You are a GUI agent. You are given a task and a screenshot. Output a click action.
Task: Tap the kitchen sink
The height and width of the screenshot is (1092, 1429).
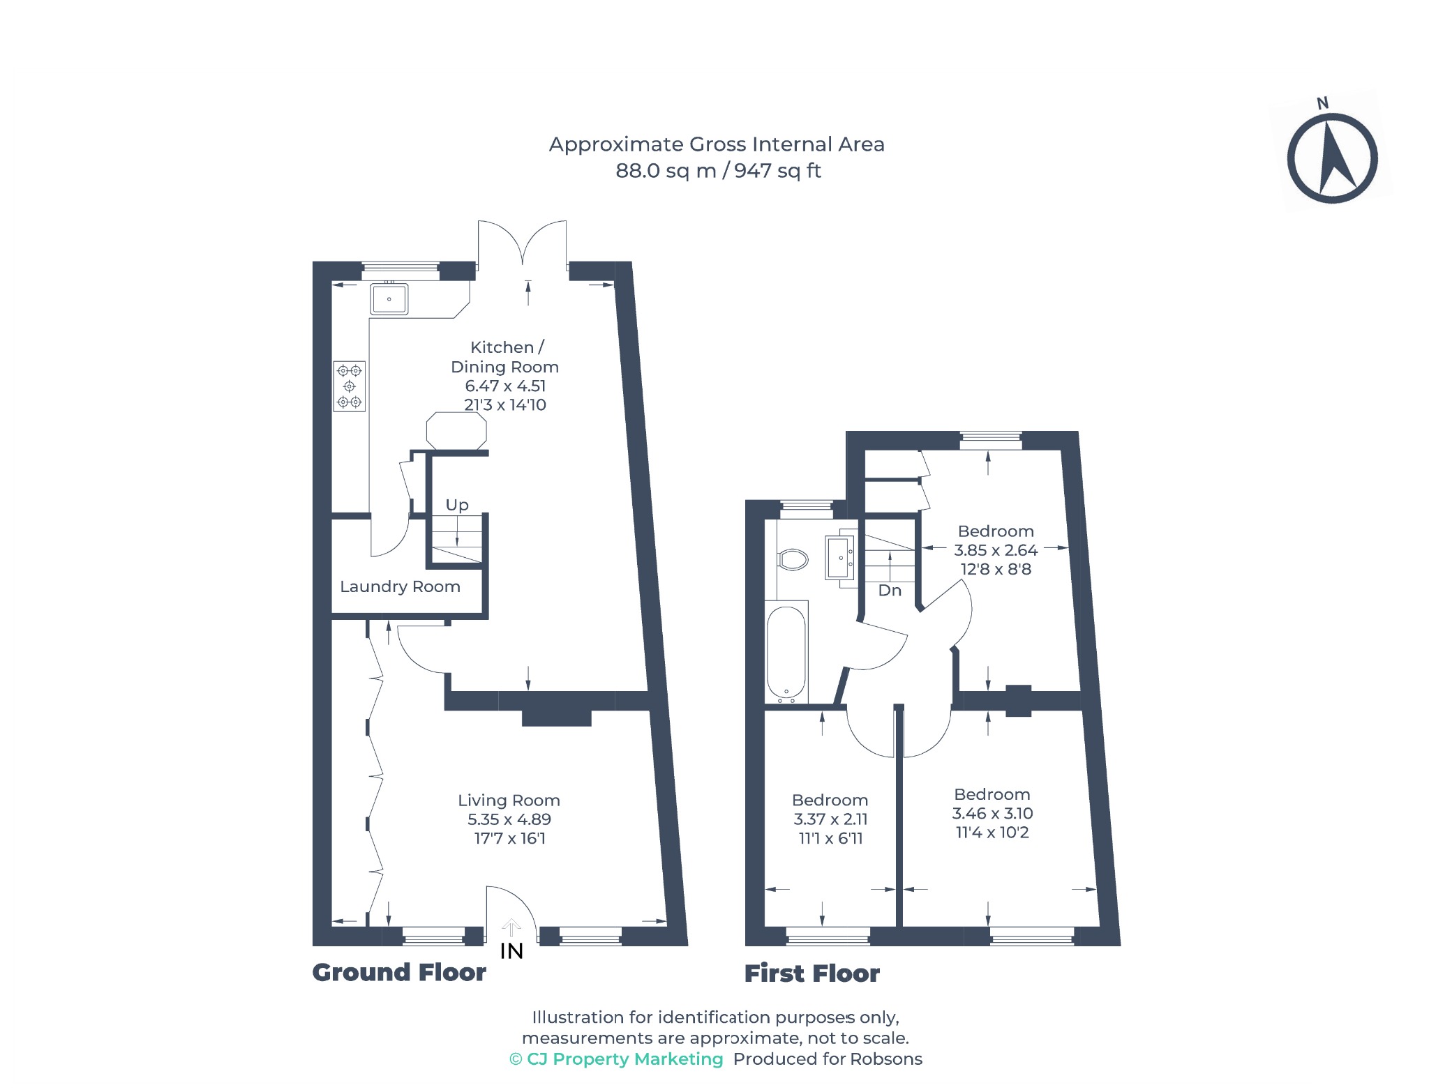point(389,299)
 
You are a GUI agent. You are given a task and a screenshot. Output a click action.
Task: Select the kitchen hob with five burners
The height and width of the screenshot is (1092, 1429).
point(349,386)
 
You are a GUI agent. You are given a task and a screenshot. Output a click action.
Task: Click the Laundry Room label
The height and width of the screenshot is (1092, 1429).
point(400,586)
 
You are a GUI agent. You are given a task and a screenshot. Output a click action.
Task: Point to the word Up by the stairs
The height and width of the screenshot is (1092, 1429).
point(457,505)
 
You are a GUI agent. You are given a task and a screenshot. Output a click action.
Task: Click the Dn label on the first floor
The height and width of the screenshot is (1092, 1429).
point(890,591)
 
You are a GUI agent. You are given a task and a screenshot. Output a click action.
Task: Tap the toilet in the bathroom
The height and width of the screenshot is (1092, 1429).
point(793,559)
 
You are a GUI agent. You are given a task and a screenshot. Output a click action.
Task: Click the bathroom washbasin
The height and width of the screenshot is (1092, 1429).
point(840,558)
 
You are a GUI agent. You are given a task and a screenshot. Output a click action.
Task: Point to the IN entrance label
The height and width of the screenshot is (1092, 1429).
point(511,951)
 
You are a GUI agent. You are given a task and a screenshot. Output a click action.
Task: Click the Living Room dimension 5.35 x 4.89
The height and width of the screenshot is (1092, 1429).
point(509,819)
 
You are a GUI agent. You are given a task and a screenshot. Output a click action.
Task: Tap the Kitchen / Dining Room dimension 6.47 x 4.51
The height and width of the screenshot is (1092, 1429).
point(505,386)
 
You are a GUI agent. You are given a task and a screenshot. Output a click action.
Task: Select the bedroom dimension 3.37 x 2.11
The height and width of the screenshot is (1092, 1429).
point(830,819)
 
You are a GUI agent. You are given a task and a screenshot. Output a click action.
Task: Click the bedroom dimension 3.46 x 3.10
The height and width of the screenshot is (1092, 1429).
point(992,813)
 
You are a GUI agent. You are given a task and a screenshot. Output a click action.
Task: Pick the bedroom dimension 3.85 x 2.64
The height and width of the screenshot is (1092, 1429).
point(996,550)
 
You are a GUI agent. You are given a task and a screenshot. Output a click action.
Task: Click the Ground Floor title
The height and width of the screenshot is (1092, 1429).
point(399,972)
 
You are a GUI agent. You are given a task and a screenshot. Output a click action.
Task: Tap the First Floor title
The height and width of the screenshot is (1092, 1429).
point(812,973)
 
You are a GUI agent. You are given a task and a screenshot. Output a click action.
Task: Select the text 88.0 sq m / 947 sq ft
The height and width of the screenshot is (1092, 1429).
point(718,171)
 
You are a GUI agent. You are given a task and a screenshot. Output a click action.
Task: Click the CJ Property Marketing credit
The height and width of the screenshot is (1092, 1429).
point(617,1059)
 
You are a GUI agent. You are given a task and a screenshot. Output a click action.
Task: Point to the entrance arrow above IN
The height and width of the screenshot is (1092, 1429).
point(511,927)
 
